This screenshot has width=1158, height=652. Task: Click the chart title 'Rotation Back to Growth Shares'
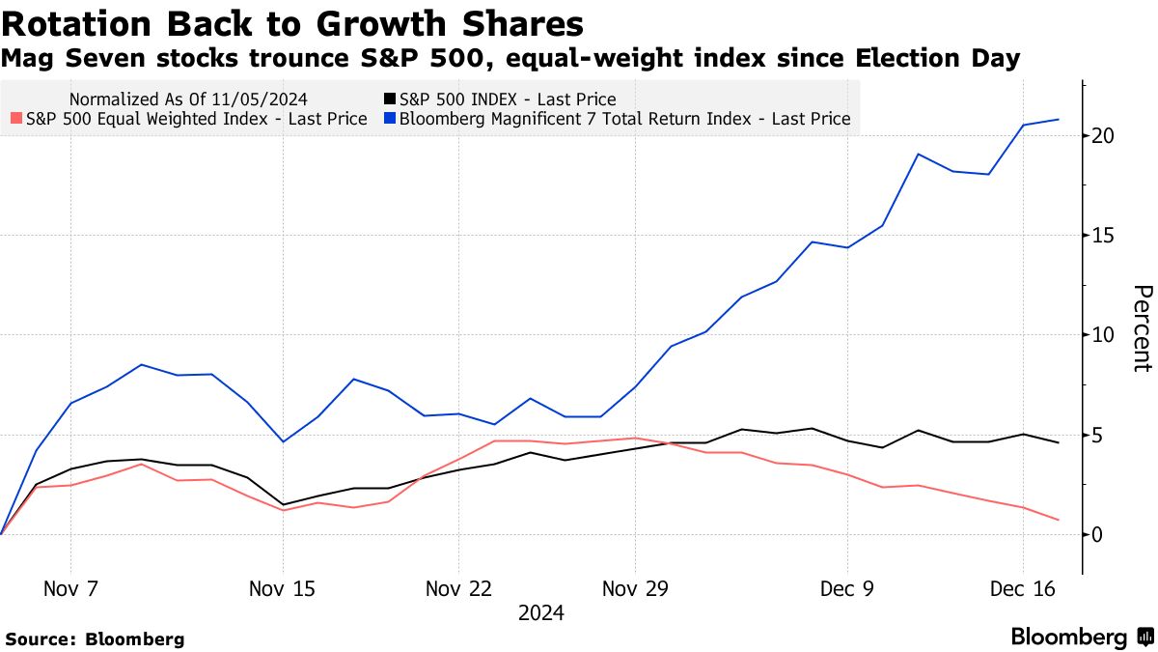292,23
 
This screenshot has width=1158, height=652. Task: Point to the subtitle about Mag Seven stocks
510,59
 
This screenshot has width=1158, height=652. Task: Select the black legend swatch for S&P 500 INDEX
390,99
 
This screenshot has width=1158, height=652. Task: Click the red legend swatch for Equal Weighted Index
16,120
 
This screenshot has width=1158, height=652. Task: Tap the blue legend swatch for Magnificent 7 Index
390,120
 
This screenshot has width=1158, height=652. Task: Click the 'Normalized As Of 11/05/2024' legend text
189,99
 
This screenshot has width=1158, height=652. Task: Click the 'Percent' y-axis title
1142,328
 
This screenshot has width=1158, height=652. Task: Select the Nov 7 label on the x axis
70,588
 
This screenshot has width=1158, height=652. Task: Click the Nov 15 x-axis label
283,588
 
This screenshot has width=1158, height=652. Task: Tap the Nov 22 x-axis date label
458,588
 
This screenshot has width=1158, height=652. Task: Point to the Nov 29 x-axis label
635,588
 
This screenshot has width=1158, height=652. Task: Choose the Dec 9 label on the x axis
847,588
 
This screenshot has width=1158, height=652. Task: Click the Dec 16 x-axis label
1023,588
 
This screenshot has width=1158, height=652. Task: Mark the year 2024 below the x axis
541,613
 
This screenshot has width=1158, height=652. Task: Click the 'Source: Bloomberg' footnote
95,639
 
